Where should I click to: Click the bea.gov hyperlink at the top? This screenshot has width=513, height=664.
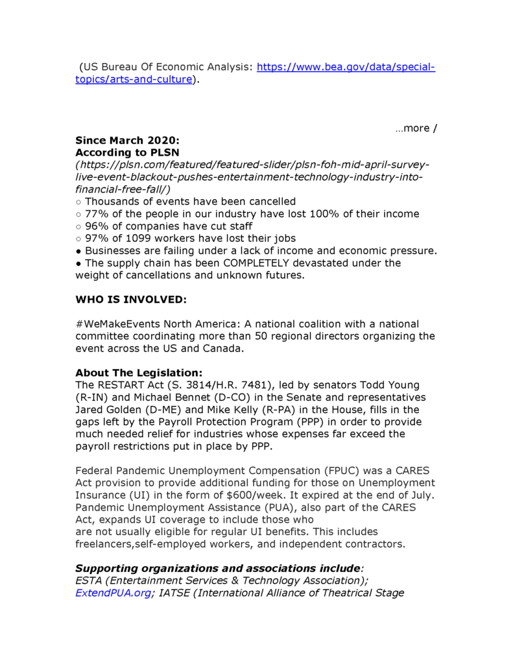(x=346, y=67)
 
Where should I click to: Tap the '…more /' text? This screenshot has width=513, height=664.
(x=416, y=128)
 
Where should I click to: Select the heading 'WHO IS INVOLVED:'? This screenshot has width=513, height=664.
(x=131, y=300)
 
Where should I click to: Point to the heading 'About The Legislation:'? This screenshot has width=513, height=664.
(x=139, y=373)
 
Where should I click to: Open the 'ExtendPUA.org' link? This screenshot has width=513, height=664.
(x=113, y=593)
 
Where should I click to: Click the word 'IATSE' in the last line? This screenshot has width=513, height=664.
(x=175, y=593)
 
